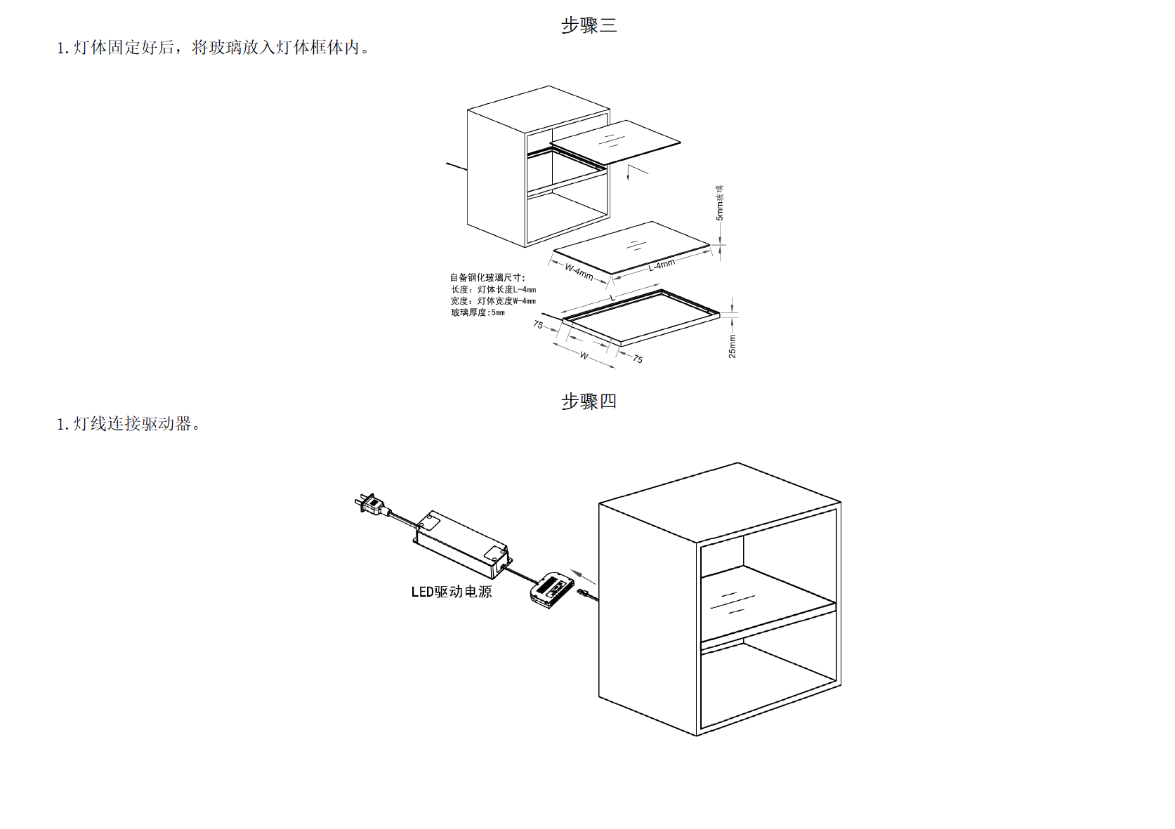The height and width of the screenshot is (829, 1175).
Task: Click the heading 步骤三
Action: (589, 25)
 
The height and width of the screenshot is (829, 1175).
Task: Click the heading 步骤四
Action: (589, 402)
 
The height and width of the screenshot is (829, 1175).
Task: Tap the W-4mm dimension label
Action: (579, 272)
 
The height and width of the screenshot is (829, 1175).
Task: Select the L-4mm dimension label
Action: (662, 265)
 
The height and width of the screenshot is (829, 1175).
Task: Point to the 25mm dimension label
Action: (733, 346)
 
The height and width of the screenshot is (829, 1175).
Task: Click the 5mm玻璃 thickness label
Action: (720, 203)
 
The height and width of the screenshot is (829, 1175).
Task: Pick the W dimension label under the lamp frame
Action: (584, 356)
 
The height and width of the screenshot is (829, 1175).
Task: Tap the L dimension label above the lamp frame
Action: (612, 298)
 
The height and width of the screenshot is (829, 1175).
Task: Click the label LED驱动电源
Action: (452, 592)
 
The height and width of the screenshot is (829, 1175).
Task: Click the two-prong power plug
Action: (369, 503)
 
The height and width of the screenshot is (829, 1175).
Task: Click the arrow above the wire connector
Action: (582, 576)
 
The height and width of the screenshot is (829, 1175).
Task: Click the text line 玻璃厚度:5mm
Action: (478, 312)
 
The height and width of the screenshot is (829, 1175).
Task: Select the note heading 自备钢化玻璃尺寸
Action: (487, 277)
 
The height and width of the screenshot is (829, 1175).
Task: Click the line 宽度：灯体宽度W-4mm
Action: (493, 301)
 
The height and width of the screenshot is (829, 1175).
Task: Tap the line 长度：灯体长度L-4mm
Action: (493, 289)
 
